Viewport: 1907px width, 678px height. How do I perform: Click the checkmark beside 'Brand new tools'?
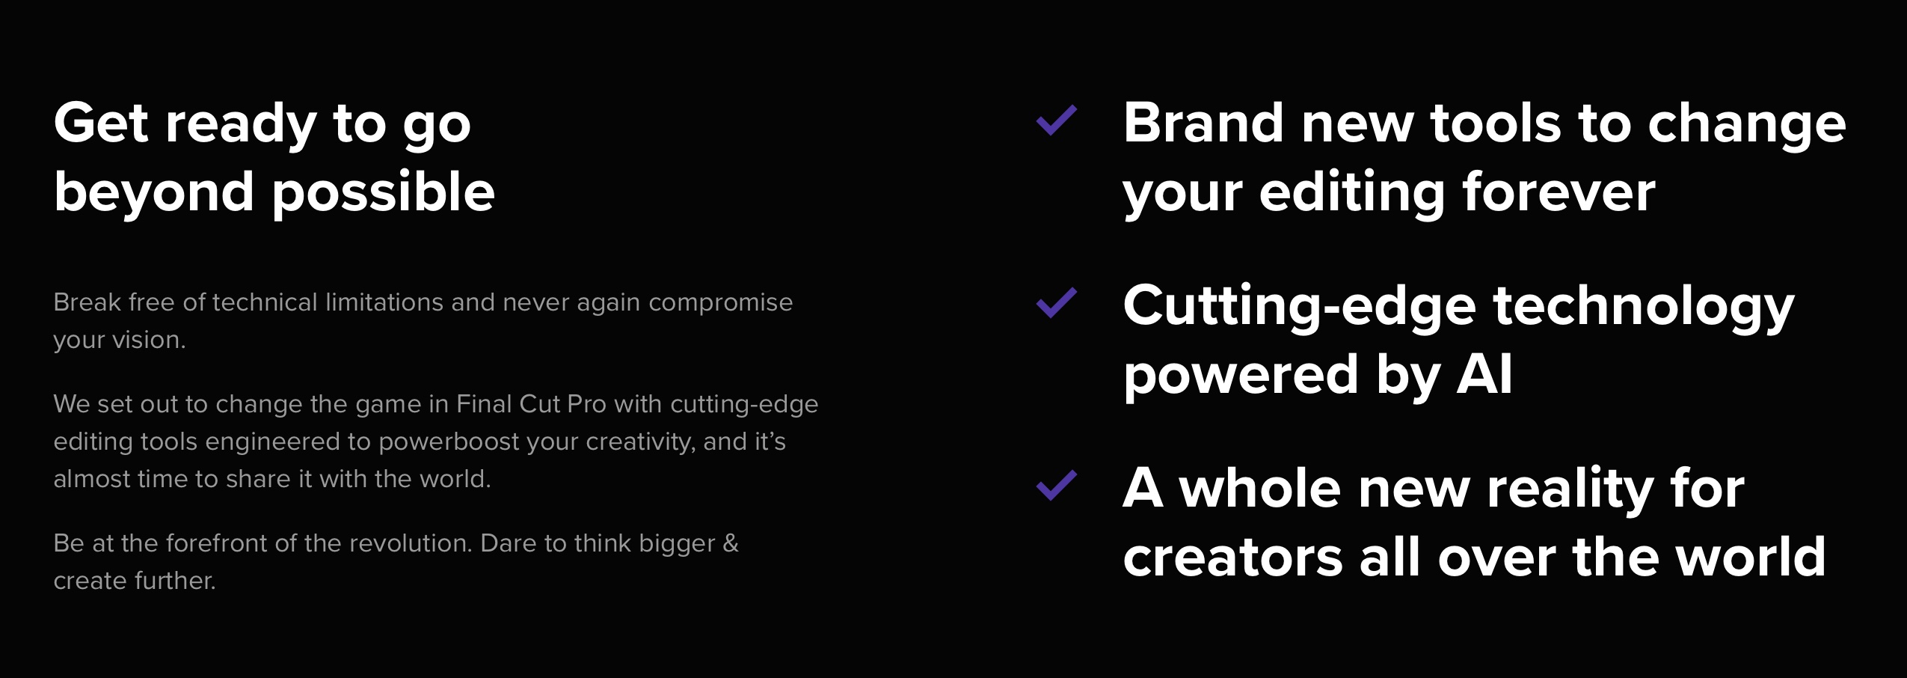click(x=1055, y=120)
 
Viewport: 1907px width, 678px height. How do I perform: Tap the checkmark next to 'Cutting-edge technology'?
click(x=1055, y=302)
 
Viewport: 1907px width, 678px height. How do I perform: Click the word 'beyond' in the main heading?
click(x=154, y=192)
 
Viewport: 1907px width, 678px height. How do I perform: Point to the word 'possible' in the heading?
click(x=383, y=193)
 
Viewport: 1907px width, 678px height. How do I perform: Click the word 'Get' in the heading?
click(x=101, y=123)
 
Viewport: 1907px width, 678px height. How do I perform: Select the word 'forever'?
click(x=1559, y=192)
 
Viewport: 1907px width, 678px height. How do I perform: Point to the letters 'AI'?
click(x=1485, y=374)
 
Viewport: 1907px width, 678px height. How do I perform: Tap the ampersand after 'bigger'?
click(x=731, y=543)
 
